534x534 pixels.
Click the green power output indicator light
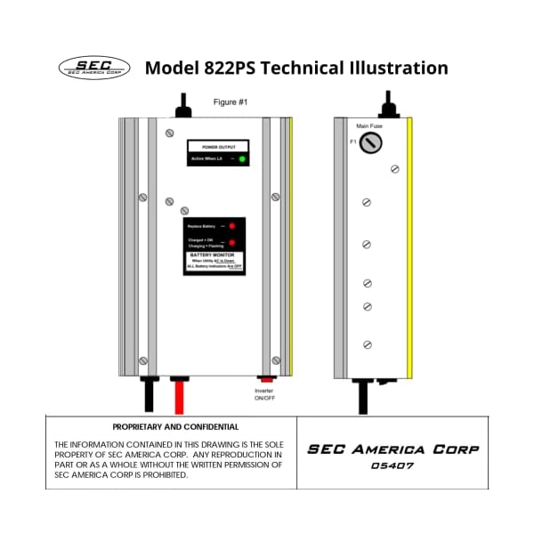point(242,158)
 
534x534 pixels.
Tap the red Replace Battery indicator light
point(231,227)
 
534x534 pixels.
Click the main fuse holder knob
point(369,144)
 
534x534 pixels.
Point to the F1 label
point(352,142)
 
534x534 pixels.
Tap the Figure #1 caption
point(231,102)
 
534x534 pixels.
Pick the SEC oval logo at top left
point(93,68)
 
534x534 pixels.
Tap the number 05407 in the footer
point(392,465)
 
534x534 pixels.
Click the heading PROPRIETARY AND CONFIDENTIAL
point(175,427)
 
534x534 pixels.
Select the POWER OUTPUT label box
point(218,146)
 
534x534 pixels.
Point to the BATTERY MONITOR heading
point(214,255)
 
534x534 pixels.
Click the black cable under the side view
point(363,397)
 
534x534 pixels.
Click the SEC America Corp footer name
point(392,449)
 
